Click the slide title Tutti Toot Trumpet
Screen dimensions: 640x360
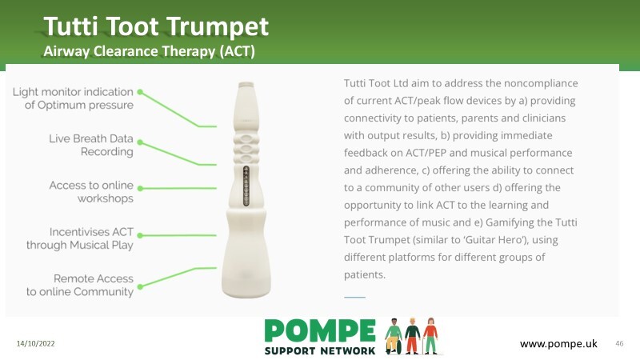(156, 26)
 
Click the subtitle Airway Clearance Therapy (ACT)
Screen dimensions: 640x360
(149, 51)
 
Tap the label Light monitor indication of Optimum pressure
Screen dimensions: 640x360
(73, 98)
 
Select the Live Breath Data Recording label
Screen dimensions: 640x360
(91, 145)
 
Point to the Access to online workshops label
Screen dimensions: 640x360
(91, 191)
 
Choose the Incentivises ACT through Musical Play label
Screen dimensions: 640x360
(80, 238)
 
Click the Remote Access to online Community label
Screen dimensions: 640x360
(80, 285)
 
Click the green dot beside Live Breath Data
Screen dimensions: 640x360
(140, 142)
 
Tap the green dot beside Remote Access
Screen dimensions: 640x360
(140, 287)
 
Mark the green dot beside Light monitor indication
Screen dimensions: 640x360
(140, 92)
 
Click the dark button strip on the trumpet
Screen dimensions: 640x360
(246, 186)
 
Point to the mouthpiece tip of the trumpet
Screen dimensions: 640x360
(246, 85)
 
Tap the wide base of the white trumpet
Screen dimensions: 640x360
(246, 270)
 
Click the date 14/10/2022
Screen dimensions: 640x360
(35, 344)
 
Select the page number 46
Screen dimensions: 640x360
(619, 344)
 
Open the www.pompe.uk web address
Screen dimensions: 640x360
(558, 344)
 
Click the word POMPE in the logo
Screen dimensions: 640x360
(320, 330)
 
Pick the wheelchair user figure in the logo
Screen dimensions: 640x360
(394, 336)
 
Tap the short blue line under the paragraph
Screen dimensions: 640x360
(354, 297)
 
